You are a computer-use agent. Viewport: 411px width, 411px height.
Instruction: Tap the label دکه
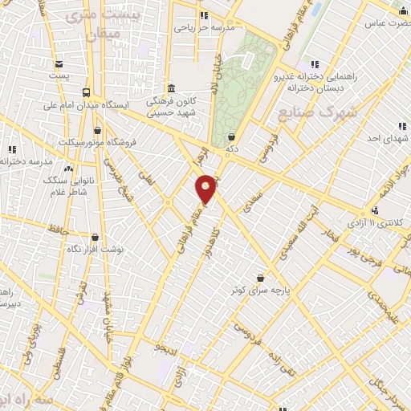pyautogui.click(x=232, y=149)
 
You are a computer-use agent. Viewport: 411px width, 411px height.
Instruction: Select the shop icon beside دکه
pyautogui.click(x=232, y=137)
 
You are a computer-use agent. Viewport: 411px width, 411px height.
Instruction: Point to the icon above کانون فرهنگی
pyautogui.click(x=170, y=89)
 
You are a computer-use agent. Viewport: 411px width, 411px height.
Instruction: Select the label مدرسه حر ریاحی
pyautogui.click(x=205, y=27)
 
